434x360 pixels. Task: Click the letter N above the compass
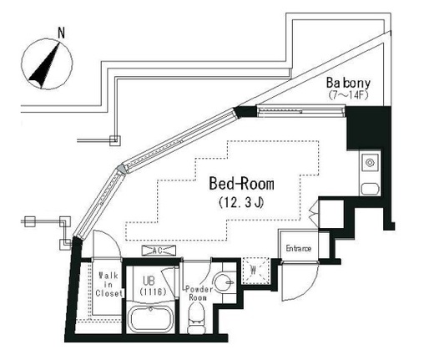61,33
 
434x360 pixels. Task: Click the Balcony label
348,83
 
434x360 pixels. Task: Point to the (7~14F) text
348,95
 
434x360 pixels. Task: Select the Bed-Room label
241,184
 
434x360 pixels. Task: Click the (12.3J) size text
241,203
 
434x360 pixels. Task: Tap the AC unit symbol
159,251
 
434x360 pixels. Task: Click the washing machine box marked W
255,271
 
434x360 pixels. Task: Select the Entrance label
299,248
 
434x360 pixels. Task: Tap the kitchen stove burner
370,163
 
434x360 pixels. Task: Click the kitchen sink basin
370,189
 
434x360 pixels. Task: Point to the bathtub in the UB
151,319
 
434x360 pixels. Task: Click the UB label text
149,281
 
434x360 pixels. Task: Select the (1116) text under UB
153,292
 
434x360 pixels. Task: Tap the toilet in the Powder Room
196,317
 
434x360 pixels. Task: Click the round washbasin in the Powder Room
224,282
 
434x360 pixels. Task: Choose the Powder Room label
199,293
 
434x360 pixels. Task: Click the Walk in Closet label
108,284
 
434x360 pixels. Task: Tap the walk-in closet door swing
115,240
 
